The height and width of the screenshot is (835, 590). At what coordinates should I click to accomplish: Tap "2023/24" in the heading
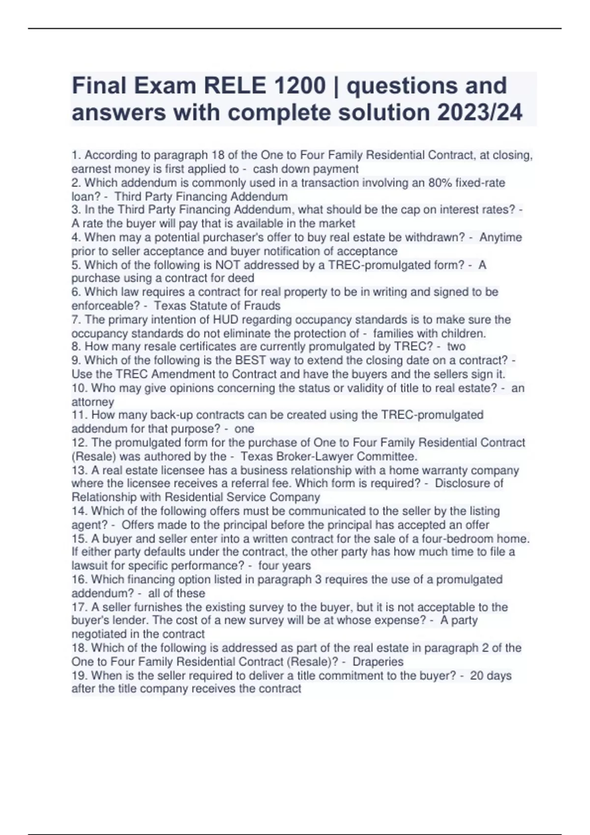point(479,112)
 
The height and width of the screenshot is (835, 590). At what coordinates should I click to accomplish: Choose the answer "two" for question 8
point(456,346)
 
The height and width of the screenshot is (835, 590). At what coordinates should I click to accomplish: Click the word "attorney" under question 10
point(92,402)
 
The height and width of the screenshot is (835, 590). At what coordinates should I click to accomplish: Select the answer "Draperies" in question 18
point(378,662)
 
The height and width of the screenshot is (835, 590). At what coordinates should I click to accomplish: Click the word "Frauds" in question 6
point(262,306)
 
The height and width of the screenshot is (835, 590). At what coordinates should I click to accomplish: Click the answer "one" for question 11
point(244,429)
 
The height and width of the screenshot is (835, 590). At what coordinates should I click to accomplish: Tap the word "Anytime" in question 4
point(501,237)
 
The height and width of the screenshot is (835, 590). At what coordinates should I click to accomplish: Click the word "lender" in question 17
point(120,620)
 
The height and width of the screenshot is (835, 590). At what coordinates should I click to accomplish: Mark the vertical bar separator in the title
point(336,85)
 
